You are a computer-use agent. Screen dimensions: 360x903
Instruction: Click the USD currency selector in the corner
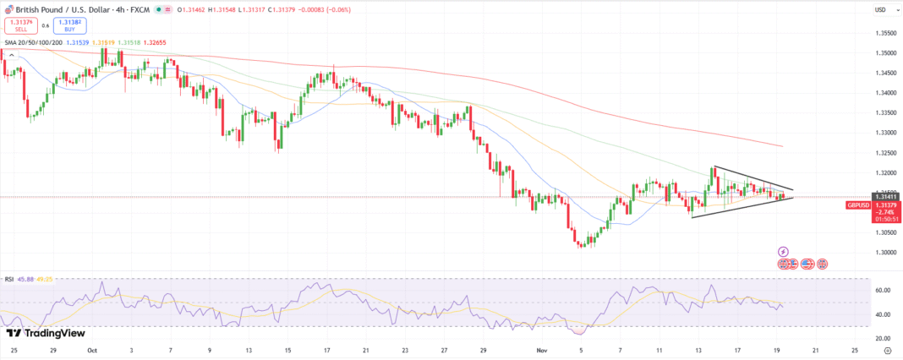[880, 10]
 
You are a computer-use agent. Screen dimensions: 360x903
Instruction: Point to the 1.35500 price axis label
[885, 33]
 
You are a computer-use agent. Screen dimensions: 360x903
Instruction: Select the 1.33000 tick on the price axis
[885, 133]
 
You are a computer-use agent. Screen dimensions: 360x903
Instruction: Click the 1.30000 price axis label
[885, 252]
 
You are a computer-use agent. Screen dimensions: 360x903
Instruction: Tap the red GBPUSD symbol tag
[858, 205]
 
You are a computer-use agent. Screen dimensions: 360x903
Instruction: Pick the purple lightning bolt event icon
[783, 251]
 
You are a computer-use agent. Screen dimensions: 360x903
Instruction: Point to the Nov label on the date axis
[541, 350]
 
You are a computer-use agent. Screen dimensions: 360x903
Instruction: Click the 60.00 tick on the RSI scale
[882, 290]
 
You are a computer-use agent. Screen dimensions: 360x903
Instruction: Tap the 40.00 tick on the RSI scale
[882, 314]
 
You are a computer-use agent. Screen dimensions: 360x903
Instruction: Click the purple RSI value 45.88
[29, 278]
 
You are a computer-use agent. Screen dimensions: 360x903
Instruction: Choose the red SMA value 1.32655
[155, 41]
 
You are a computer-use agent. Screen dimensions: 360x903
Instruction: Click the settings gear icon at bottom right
[887, 350]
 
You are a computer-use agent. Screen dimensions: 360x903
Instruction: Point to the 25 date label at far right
[855, 350]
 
